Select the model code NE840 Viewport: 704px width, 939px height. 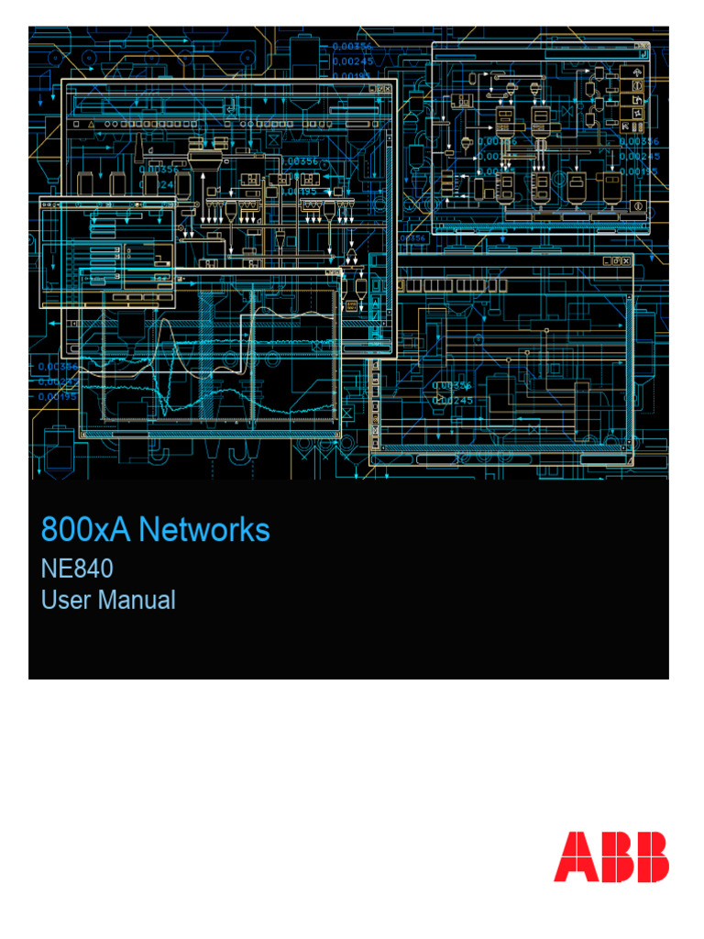[78, 569]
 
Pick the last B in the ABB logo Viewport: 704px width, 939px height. [650, 856]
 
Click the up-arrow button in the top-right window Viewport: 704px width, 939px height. [636, 71]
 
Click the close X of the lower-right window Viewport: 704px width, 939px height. [625, 261]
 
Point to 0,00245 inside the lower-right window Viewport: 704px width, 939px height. [453, 400]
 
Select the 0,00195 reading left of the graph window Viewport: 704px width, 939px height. [58, 396]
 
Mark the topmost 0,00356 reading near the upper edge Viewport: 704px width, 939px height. [352, 44]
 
